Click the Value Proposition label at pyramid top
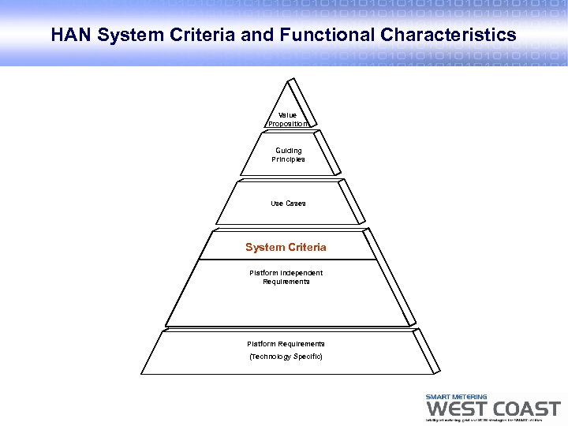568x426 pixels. click(287, 119)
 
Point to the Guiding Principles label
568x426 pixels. click(288, 155)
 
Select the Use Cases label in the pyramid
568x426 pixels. click(288, 204)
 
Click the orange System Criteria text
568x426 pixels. click(286, 248)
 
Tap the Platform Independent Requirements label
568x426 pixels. click(286, 277)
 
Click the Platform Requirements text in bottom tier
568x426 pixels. click(286, 344)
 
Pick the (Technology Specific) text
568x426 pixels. click(286, 357)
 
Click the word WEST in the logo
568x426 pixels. click(455, 409)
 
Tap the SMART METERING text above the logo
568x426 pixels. click(456, 397)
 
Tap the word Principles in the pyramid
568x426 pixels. click(288, 159)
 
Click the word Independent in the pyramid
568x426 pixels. click(300, 273)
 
